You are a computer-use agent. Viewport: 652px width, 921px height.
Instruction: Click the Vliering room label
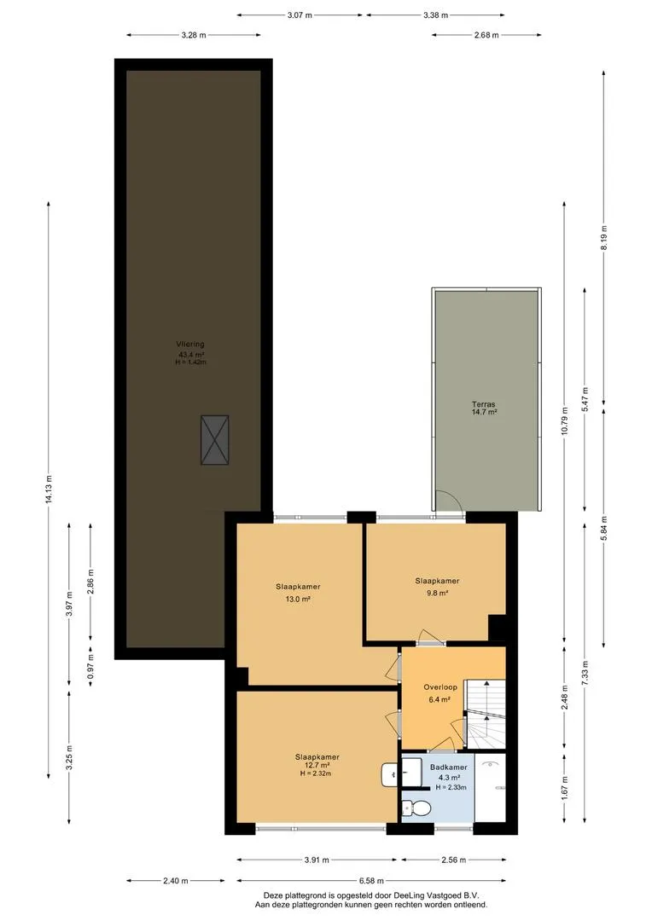(190, 345)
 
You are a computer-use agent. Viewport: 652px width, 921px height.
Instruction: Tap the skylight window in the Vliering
(214, 440)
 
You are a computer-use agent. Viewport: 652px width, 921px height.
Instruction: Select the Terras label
(483, 404)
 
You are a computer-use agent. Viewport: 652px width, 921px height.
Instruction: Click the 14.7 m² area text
(485, 413)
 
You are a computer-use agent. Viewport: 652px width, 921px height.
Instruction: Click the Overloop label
(440, 687)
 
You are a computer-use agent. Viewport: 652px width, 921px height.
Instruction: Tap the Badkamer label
(449, 767)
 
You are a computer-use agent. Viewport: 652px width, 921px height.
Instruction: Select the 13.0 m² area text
(298, 600)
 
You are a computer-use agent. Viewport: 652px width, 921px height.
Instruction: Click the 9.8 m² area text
(438, 594)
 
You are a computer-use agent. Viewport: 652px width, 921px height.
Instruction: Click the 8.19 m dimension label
(604, 237)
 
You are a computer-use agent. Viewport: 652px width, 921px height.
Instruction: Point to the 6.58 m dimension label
(371, 880)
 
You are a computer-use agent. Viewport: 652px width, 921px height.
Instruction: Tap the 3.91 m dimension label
(317, 860)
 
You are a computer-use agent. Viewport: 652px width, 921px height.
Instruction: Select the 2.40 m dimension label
(176, 880)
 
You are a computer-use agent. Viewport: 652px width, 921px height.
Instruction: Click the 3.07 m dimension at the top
(300, 15)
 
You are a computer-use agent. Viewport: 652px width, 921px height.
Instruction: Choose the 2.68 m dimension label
(486, 35)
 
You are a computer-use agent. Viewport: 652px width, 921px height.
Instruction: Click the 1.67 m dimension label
(564, 788)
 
